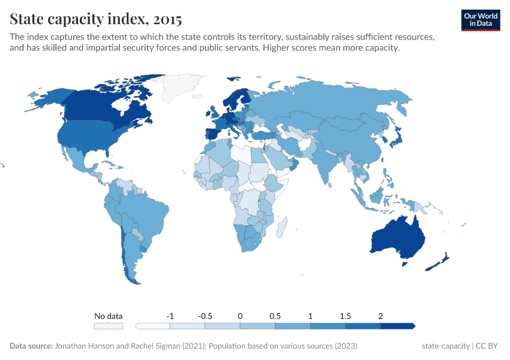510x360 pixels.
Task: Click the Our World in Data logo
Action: pyautogui.click(x=481, y=20)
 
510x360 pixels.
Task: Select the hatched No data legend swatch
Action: pyautogui.click(x=108, y=326)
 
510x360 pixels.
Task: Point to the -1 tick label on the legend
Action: pyautogui.click(x=170, y=316)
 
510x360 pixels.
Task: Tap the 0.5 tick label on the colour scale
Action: pyautogui.click(x=275, y=316)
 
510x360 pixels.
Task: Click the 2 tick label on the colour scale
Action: pyautogui.click(x=380, y=316)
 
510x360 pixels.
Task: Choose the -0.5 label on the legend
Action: pyautogui.click(x=205, y=316)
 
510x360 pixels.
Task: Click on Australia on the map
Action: pyautogui.click(x=397, y=238)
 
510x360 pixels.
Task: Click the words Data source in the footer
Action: pyautogui.click(x=31, y=346)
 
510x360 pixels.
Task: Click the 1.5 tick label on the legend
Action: pyautogui.click(x=346, y=316)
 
